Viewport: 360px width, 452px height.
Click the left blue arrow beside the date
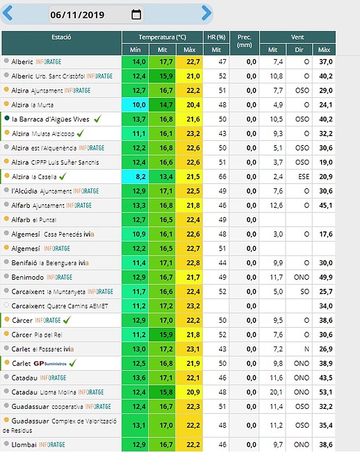[x=8, y=13]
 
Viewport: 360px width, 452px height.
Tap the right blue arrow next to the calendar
[x=206, y=13]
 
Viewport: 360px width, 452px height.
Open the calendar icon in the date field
[x=136, y=14]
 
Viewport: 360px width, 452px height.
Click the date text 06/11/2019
[x=77, y=15]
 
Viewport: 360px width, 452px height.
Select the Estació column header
[x=61, y=37]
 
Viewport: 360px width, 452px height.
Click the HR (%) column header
[x=216, y=37]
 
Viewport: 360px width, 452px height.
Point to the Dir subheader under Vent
[x=299, y=50]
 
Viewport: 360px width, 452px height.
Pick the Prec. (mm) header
[x=245, y=41]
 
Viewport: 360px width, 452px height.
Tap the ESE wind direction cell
[x=304, y=177]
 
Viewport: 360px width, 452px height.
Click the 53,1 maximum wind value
[x=326, y=392]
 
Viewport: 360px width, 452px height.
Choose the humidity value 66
[x=222, y=177]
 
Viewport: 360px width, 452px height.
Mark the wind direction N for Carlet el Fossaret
[x=306, y=349]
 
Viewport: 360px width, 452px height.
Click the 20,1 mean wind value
[x=277, y=392]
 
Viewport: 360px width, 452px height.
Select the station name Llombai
[x=24, y=444]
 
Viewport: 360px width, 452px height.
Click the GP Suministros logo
[x=50, y=364]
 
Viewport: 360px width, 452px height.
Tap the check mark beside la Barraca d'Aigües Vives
[x=97, y=119]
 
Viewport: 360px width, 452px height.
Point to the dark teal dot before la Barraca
[x=7, y=118]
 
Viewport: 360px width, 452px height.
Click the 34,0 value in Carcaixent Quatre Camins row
[x=326, y=306]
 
